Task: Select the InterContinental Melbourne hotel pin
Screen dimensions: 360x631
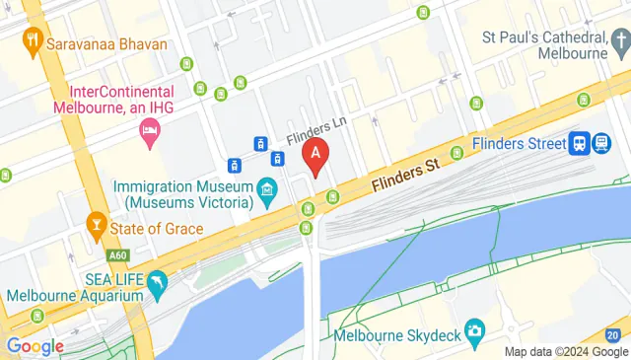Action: [150, 131]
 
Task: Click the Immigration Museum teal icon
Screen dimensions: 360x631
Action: [266, 187]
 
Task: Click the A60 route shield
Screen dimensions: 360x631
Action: [119, 255]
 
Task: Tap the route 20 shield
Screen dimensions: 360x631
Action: [613, 335]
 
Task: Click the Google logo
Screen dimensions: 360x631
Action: [34, 346]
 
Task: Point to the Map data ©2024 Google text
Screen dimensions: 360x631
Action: [566, 352]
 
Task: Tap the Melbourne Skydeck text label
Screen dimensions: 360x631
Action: [398, 335]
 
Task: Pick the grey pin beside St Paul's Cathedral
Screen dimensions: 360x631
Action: [619, 40]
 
